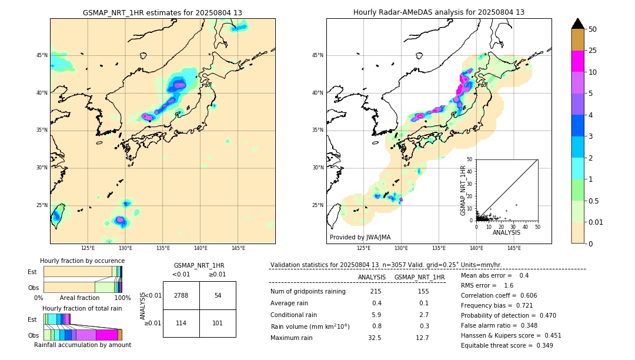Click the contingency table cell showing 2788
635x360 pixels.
pos(181,295)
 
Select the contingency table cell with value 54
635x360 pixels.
pos(218,295)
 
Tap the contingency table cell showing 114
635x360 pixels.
pos(181,323)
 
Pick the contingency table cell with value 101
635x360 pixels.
pos(218,323)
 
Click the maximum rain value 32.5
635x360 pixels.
pos(374,338)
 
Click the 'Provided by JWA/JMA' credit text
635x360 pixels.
pos(360,237)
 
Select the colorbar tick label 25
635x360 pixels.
pos(593,51)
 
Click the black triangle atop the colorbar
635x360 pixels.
pos(578,24)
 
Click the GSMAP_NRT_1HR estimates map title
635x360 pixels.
pos(162,12)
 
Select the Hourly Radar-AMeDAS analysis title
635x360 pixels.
pos(439,12)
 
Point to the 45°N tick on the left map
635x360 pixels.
pos(42,55)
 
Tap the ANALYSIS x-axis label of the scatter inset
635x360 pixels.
pos(506,232)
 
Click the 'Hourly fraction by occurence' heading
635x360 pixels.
pos(82,261)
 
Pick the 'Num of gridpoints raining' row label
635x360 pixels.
pos(308,292)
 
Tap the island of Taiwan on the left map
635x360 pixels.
pos(57,216)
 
